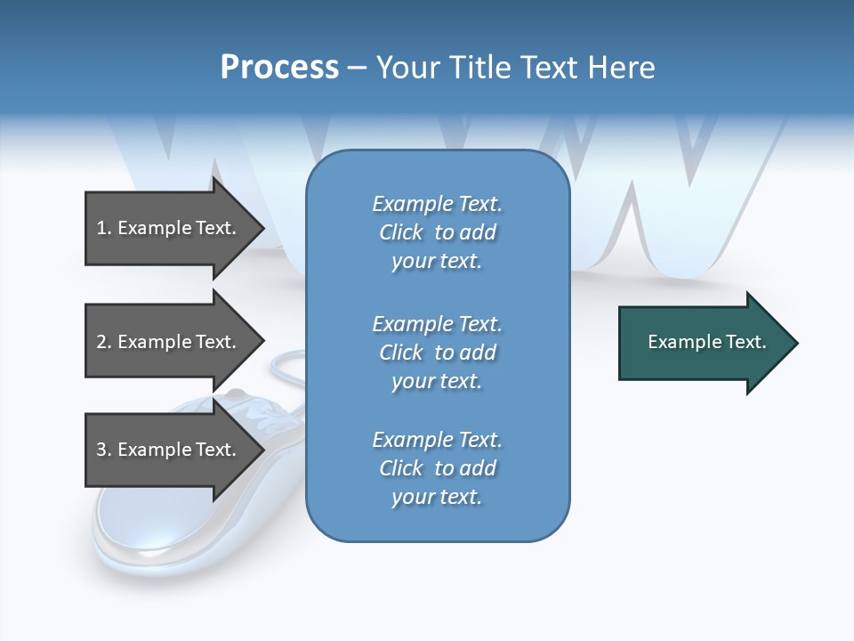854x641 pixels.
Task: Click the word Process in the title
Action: click(x=279, y=68)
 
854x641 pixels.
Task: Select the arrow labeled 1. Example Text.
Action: click(x=169, y=228)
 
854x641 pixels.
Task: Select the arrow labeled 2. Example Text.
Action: click(x=169, y=342)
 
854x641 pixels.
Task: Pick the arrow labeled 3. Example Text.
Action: click(x=169, y=450)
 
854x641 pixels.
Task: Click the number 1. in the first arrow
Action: click(x=104, y=228)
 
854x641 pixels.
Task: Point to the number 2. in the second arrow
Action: click(x=104, y=342)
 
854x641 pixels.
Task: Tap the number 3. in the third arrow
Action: click(x=104, y=450)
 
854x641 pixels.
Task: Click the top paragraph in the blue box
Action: click(x=437, y=232)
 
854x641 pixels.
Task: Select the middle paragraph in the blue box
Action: click(x=437, y=353)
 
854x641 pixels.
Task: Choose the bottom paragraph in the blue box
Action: click(x=437, y=468)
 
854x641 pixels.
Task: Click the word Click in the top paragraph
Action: click(x=401, y=232)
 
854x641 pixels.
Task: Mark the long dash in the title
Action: click(x=357, y=68)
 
